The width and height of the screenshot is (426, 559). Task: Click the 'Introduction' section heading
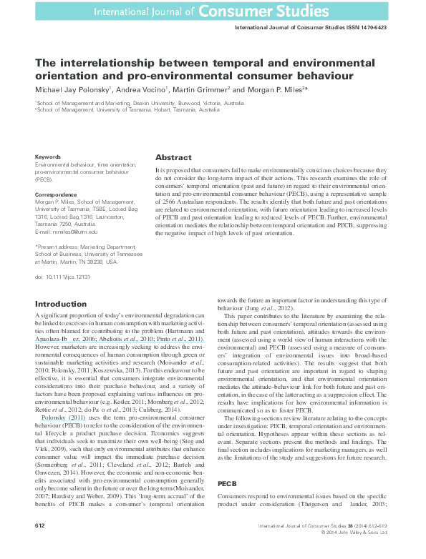[x=61, y=304]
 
